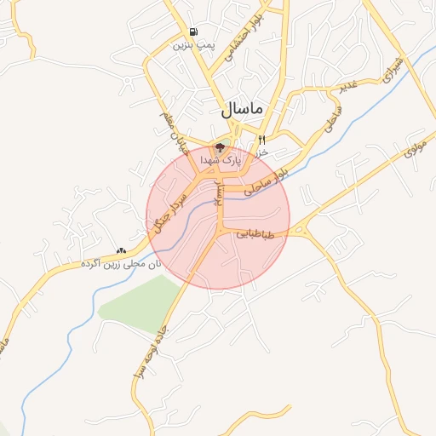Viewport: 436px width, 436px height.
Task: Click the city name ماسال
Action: [x=244, y=110]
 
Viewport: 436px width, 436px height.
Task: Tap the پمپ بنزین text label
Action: [x=190, y=45]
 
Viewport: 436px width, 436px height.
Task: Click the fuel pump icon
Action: [x=194, y=32]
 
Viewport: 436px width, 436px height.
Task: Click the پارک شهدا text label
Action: [x=221, y=159]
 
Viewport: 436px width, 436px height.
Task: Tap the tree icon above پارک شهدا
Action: [x=220, y=147]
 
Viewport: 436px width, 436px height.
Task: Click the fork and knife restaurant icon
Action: [x=261, y=140]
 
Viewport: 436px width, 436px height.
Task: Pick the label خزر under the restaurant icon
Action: [x=262, y=152]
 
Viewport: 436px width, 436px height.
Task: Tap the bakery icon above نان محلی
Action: [x=120, y=251]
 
